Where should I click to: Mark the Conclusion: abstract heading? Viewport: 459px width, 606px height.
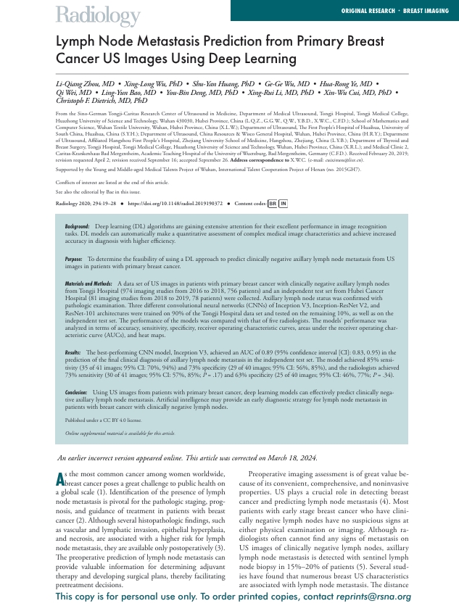[76, 391]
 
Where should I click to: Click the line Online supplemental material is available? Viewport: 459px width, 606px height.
[120, 433]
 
